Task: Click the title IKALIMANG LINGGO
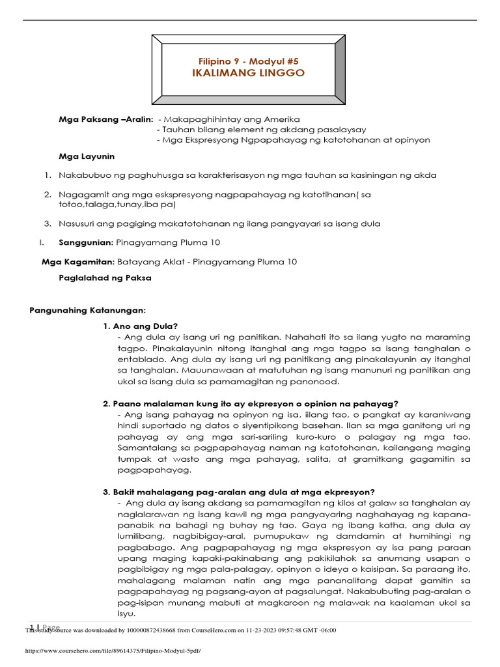click(x=248, y=73)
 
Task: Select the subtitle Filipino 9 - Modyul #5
click(x=248, y=60)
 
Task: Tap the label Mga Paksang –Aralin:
click(x=105, y=120)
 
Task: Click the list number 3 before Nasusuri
click(x=48, y=223)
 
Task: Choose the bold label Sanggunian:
click(x=86, y=242)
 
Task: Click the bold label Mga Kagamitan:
click(x=77, y=262)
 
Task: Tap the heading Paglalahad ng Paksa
click(x=105, y=277)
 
